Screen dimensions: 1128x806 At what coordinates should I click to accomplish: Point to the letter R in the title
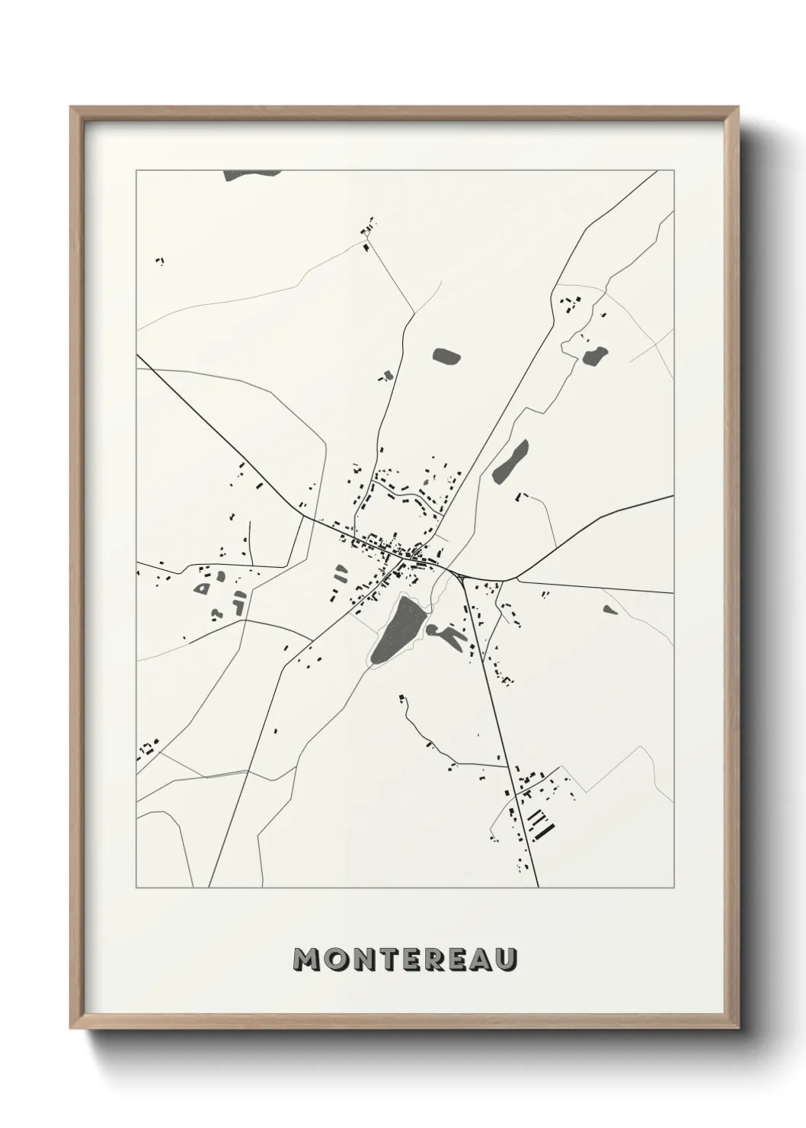431,960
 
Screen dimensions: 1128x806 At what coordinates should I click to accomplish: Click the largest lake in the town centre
398,629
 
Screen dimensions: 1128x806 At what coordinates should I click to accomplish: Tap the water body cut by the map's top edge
252,175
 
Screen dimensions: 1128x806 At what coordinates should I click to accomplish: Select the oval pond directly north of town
446,355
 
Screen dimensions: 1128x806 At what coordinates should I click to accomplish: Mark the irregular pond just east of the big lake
446,634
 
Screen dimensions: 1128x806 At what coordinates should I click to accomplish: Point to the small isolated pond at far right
610,609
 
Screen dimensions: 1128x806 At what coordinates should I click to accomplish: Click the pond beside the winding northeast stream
594,355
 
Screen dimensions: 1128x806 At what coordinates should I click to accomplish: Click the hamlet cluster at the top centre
368,230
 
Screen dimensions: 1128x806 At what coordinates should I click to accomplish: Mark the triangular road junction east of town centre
459,573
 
